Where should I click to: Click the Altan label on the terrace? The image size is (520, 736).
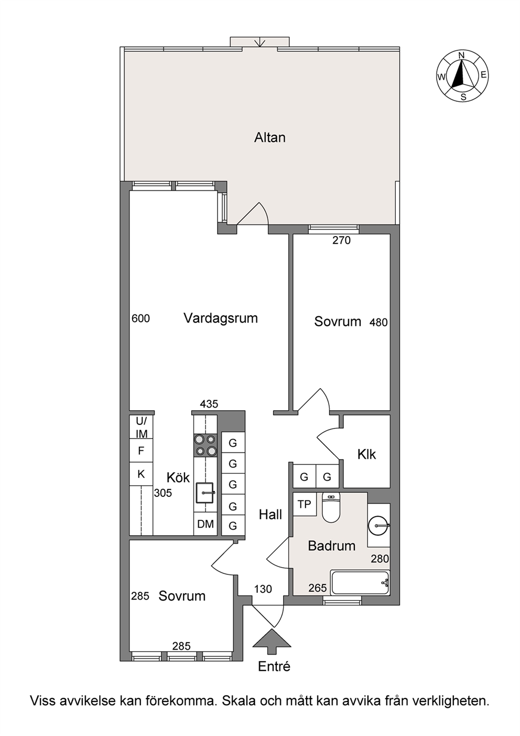[x=269, y=137]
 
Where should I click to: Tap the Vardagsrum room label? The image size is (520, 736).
[x=221, y=318]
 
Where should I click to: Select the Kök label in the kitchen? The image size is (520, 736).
[x=178, y=477]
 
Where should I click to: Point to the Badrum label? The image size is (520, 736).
[x=332, y=546]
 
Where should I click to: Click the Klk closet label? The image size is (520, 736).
[x=367, y=454]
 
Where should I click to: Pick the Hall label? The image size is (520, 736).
[x=270, y=514]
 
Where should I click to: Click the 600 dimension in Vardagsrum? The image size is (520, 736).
[x=140, y=318]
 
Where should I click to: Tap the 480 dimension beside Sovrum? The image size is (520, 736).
[x=378, y=322]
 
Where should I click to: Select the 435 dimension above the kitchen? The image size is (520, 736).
[x=209, y=404]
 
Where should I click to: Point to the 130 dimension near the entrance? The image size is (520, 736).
[x=263, y=589]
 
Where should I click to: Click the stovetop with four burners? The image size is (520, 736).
[x=205, y=445]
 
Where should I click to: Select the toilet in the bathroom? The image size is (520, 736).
[x=332, y=507]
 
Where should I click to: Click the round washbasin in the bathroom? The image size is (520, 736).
[x=378, y=526]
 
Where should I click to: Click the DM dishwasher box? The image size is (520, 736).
[x=205, y=524]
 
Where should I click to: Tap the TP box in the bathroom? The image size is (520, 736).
[x=305, y=504]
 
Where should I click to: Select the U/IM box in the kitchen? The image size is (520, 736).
[x=142, y=428]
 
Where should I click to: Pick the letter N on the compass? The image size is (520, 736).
[x=462, y=55]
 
